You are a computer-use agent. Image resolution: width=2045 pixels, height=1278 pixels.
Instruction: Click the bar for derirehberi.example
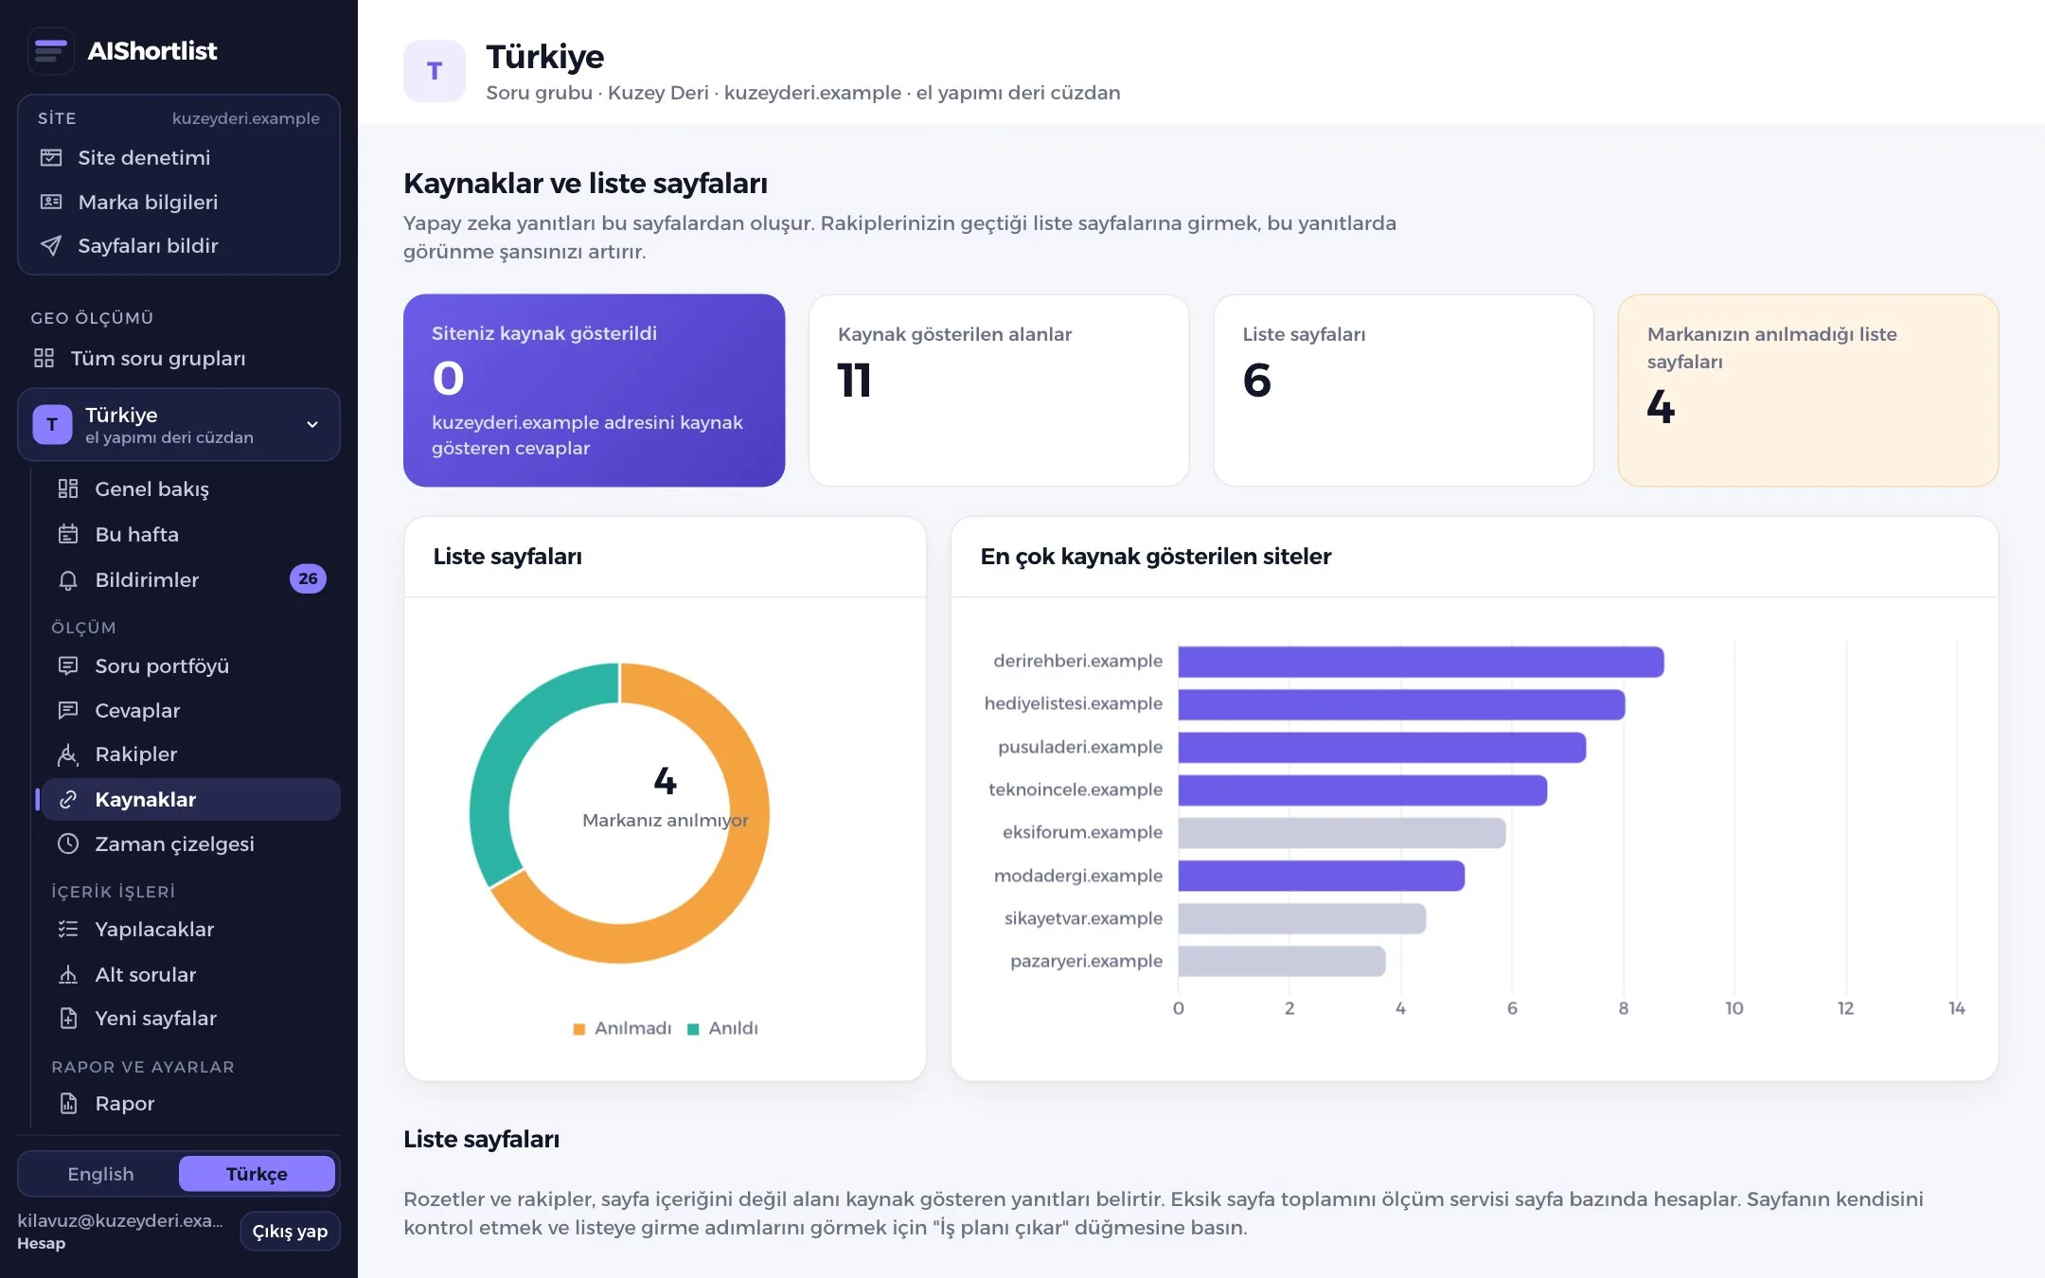(1420, 662)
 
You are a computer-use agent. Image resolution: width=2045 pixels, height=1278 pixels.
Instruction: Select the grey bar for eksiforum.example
(1342, 833)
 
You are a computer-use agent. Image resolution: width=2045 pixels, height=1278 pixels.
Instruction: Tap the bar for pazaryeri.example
(1281, 961)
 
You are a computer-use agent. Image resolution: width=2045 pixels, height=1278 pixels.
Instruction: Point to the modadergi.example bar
(1321, 876)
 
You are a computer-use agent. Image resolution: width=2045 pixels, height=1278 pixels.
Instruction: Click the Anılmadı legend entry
(622, 1028)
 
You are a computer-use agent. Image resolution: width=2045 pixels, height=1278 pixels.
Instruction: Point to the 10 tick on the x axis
(1734, 1008)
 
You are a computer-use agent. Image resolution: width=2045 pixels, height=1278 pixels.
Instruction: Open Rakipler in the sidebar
(135, 754)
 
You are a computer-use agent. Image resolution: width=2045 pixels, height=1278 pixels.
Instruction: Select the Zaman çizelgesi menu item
(174, 843)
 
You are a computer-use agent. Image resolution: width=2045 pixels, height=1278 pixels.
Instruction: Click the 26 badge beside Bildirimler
(308, 578)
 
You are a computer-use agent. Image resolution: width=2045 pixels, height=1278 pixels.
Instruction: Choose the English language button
(100, 1174)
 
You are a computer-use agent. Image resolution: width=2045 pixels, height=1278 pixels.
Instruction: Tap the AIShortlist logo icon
(50, 50)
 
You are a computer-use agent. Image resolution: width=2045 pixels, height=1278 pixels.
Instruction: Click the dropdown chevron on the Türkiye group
(312, 424)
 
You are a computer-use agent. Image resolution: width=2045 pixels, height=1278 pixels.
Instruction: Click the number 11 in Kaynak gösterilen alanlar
(854, 381)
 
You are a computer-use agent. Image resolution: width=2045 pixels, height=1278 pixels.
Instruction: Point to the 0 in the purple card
(448, 379)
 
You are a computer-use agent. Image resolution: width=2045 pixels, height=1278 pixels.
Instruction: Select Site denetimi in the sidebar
(144, 157)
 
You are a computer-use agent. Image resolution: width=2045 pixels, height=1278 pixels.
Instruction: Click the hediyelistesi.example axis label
(1073, 703)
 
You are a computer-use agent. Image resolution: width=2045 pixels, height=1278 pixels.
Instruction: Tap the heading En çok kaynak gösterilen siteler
(1155, 557)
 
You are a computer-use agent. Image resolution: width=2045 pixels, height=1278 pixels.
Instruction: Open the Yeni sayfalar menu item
(155, 1018)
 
